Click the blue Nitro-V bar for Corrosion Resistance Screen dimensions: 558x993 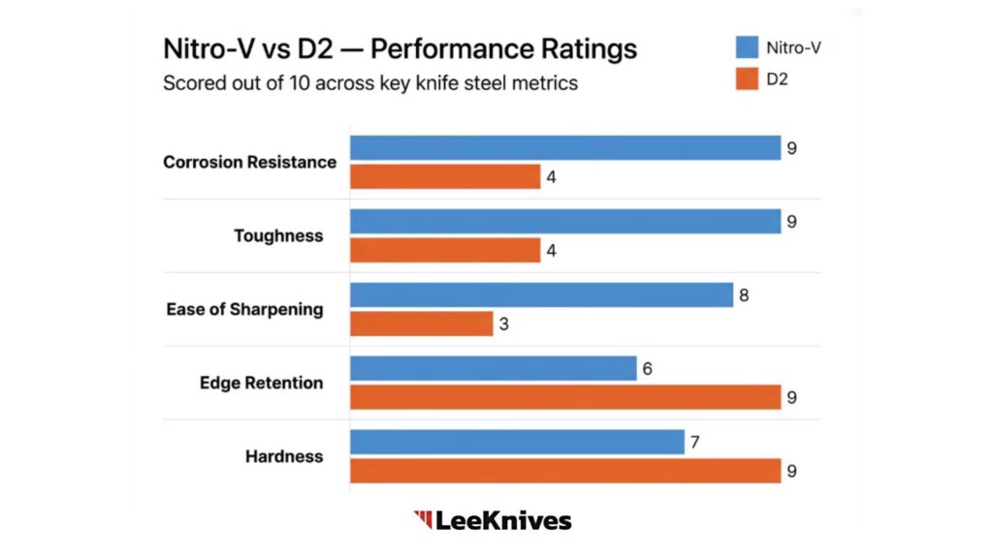(x=565, y=147)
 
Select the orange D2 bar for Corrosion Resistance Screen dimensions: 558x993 (x=445, y=176)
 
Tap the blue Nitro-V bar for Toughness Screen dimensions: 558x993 (x=565, y=221)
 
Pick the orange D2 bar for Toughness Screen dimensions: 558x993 (x=445, y=250)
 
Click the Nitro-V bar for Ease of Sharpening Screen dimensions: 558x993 (x=541, y=294)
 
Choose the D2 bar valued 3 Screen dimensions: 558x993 (x=421, y=324)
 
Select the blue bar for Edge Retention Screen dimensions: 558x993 (x=494, y=368)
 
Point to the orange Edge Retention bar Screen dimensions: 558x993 (x=565, y=397)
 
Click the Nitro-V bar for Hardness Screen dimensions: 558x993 (x=517, y=442)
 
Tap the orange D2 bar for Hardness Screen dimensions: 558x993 (x=565, y=471)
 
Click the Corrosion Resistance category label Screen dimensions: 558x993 (x=249, y=162)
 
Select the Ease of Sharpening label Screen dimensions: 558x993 (x=244, y=309)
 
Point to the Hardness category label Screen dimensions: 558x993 (x=284, y=456)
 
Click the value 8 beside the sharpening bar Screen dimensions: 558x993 (x=744, y=294)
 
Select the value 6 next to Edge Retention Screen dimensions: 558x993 (x=648, y=368)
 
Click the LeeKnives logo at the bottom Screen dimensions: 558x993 (x=493, y=520)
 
